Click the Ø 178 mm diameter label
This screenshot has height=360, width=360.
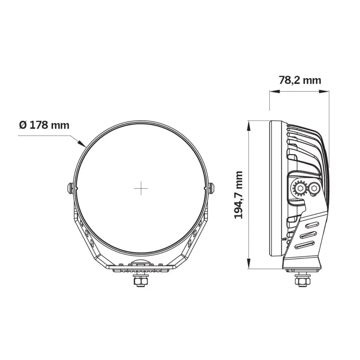pyautogui.click(x=44, y=125)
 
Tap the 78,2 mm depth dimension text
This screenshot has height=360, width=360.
pyautogui.click(x=300, y=80)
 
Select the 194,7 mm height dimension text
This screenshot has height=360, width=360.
pyautogui.click(x=239, y=195)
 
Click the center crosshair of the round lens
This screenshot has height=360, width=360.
pyautogui.click(x=141, y=189)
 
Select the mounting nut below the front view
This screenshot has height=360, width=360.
pyautogui.click(x=141, y=281)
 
